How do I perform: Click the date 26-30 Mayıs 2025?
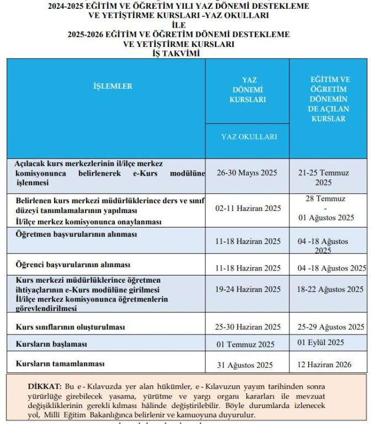pos(247,173)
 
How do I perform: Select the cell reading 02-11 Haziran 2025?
pos(248,209)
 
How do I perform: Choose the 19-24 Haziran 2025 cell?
pos(248,289)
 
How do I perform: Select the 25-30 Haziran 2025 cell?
pos(248,327)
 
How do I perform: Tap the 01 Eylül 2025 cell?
pos(321,342)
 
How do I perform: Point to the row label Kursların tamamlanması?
pos(60,364)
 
